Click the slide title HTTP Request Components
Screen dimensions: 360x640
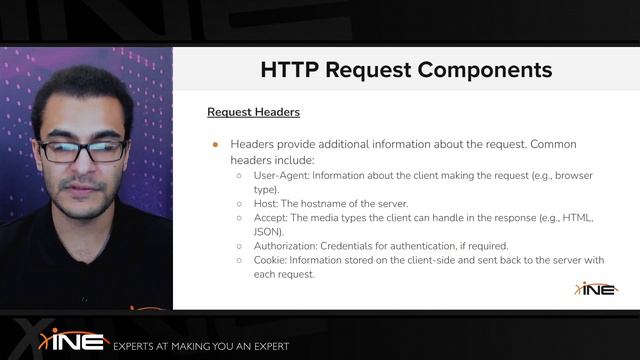tap(406, 70)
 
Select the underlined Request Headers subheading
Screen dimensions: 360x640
tap(253, 112)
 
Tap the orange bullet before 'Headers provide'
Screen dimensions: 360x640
tap(215, 144)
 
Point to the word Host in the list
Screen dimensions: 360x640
tap(265, 203)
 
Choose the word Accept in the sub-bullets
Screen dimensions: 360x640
tap(270, 217)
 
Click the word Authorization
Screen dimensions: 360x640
tap(286, 246)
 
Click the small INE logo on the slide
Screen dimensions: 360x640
tap(596, 288)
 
